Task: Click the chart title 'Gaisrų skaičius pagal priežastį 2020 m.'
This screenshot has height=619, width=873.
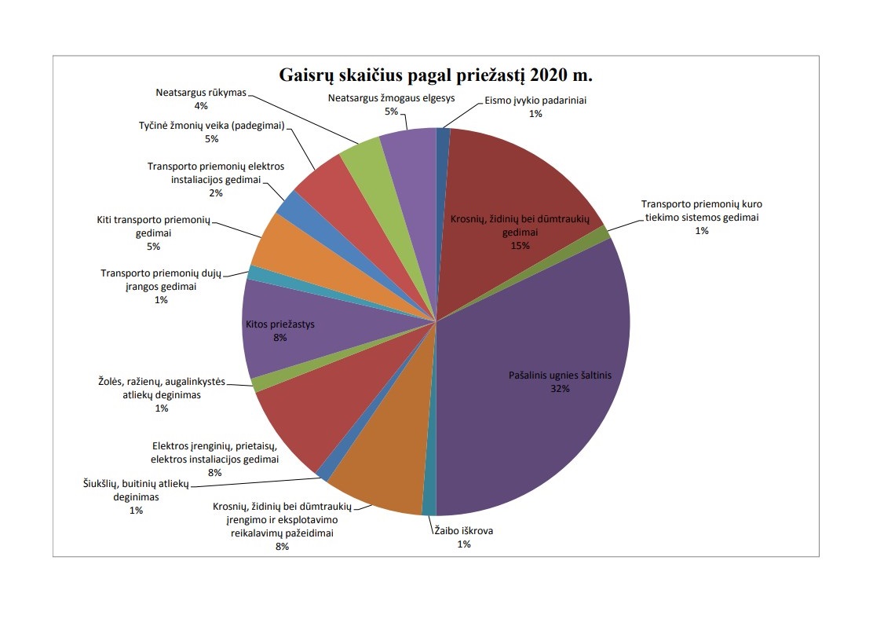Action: click(x=436, y=76)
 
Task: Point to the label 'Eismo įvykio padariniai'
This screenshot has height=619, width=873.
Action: click(x=535, y=101)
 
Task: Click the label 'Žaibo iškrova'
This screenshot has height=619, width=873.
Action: click(x=464, y=531)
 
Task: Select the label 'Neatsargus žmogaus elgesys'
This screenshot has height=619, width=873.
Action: click(x=390, y=98)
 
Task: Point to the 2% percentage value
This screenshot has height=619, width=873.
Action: click(x=216, y=192)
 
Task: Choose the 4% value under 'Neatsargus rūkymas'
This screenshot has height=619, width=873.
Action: click(x=201, y=105)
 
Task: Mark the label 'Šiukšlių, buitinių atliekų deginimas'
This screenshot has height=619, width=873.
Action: click(x=136, y=491)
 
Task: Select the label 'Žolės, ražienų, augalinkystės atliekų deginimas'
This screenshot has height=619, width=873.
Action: click(x=162, y=389)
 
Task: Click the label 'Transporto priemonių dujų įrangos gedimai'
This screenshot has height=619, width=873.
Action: click(x=162, y=280)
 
